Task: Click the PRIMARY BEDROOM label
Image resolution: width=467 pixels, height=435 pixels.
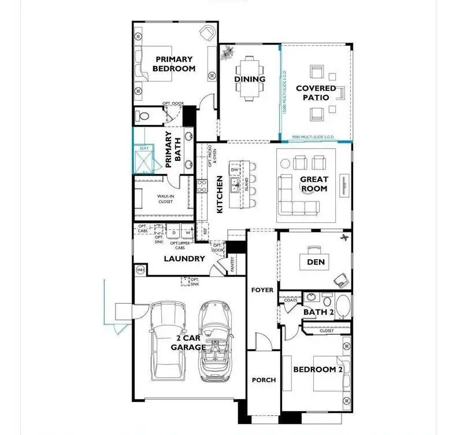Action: [173, 63]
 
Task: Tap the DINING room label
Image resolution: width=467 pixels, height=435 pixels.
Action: [250, 79]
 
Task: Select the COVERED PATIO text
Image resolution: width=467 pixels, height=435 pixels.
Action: [316, 93]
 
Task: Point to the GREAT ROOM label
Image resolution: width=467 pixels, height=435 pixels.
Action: [314, 184]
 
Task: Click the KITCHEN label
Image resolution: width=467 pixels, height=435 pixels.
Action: [220, 195]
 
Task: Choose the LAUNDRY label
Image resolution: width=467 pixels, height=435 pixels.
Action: [184, 259]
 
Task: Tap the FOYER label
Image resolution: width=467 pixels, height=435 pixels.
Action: [262, 290]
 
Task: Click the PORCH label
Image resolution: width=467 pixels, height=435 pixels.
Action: [264, 380]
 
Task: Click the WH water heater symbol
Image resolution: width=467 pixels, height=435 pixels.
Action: [139, 270]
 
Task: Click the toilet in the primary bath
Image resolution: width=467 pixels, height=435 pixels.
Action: [144, 116]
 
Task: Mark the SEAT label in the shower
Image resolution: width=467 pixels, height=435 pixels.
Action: [144, 148]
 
